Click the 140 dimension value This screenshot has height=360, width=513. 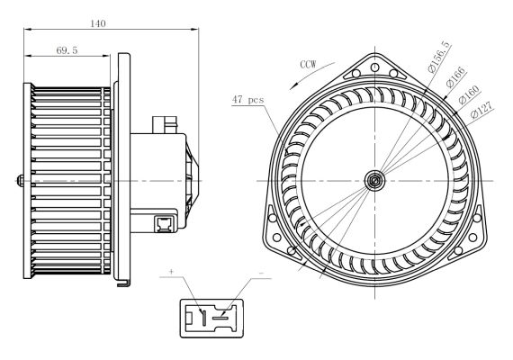click(98, 23)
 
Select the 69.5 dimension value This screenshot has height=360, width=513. click(67, 50)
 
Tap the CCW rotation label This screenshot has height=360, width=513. click(309, 64)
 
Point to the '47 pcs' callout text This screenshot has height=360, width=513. click(247, 100)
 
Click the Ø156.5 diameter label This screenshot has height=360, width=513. click(439, 57)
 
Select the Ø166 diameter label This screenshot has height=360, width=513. click(455, 76)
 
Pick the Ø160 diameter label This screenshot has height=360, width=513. click(469, 94)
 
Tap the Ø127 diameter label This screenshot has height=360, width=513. click(481, 111)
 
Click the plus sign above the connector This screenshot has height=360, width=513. click(171, 271)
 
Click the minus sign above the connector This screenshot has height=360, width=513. click(261, 273)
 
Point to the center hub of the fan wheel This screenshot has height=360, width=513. click(374, 180)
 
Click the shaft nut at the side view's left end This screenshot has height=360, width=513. click(21, 181)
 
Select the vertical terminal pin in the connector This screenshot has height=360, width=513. click(203, 317)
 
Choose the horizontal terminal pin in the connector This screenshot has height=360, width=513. click(220, 318)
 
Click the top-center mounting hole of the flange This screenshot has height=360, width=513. click(375, 67)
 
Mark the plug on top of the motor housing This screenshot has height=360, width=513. click(165, 125)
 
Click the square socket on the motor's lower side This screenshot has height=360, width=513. click(164, 223)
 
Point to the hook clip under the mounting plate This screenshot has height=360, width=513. click(123, 283)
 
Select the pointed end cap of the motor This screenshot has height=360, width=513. click(192, 181)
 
